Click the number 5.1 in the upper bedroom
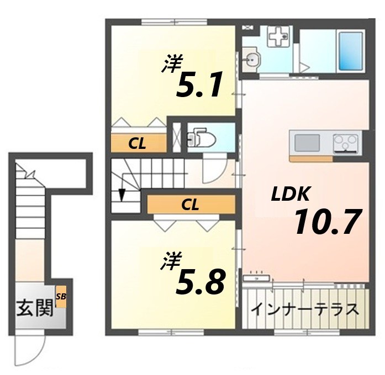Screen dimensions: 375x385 (199, 85)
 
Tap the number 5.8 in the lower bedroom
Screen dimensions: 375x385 (200, 282)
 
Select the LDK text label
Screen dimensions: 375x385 (291, 194)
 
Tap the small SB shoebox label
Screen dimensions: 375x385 (61, 297)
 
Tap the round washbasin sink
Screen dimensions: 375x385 (252, 58)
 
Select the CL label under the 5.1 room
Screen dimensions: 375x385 (137, 144)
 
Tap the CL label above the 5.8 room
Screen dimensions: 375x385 (189, 205)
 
